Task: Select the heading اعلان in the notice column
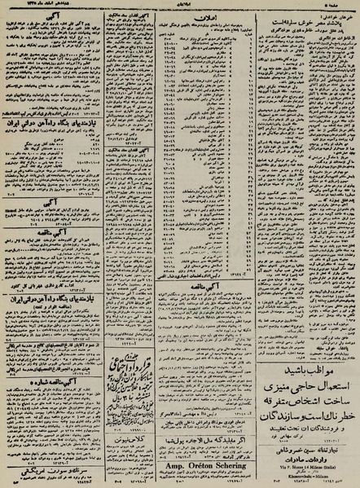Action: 213,15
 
